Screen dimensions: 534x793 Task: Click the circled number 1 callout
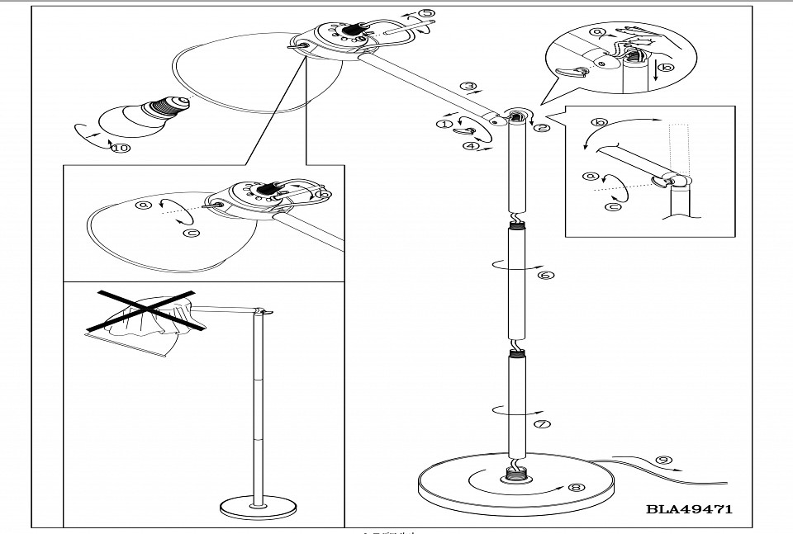pos(444,124)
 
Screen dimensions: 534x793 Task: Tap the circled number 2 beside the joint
pos(541,128)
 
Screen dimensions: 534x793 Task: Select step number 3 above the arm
pos(468,86)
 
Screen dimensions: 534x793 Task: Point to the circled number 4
pos(471,147)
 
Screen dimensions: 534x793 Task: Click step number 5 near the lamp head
pos(425,13)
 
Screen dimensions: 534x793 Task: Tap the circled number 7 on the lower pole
pos(543,424)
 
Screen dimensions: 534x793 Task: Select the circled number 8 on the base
pos(576,487)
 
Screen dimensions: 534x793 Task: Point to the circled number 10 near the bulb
pos(121,149)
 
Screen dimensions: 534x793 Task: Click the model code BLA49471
pos(690,509)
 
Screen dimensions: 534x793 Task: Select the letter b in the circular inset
pos(667,69)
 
